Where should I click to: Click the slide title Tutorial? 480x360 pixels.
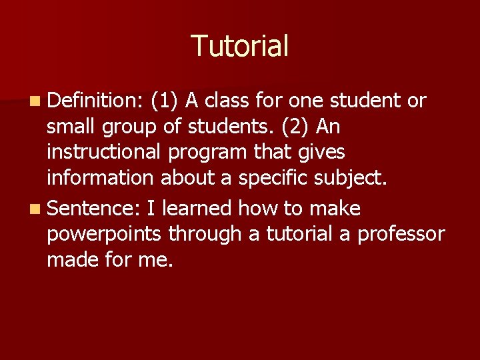[240, 46]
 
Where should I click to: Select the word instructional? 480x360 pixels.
[103, 152]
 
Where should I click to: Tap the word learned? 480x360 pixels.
[197, 209]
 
